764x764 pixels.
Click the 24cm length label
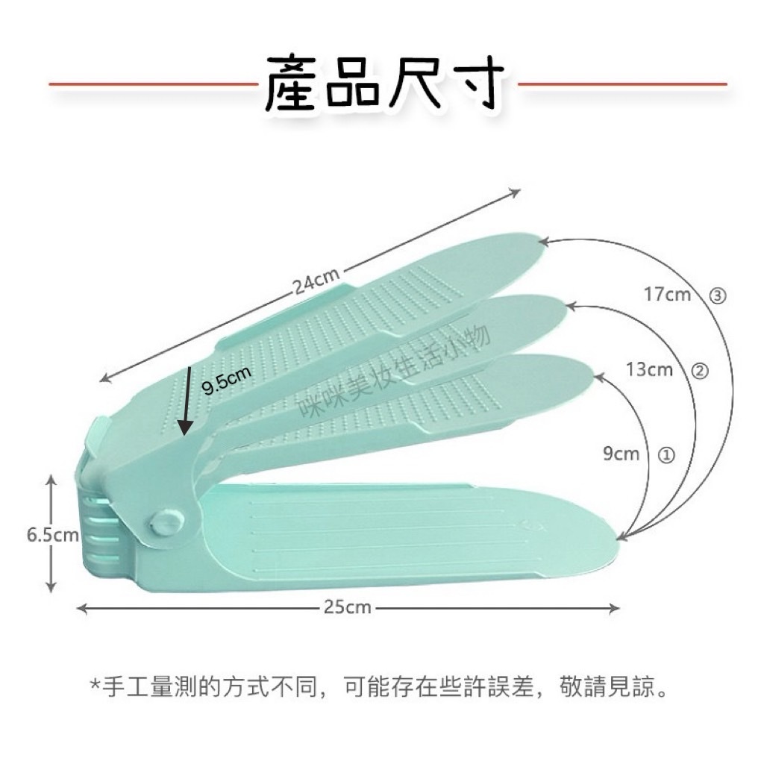(316, 281)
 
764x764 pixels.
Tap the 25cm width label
(348, 607)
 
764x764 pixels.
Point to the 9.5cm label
(227, 380)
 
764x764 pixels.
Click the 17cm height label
(668, 294)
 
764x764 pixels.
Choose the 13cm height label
(650, 369)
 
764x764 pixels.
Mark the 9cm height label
(621, 454)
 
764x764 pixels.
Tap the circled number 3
(717, 295)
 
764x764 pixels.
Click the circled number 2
(699, 371)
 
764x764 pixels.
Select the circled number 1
(666, 455)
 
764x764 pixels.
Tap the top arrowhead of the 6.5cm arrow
(51, 480)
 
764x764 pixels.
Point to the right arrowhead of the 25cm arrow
(615, 608)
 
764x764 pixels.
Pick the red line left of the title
(153, 84)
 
